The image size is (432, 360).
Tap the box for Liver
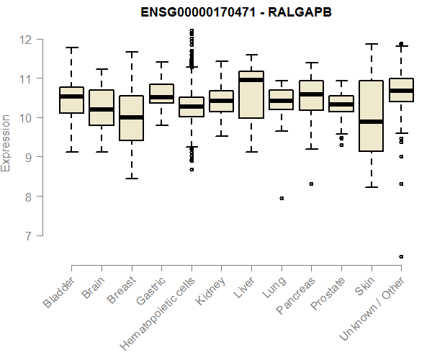pos(251,94)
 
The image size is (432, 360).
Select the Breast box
pos(131,117)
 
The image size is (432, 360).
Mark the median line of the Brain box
pos(102,109)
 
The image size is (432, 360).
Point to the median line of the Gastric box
pos(161,97)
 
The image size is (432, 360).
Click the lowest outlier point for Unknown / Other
pos(401,256)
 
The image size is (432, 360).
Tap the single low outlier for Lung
pos(282,198)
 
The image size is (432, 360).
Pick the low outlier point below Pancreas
pos(311,184)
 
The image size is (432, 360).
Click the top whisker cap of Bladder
pos(71,48)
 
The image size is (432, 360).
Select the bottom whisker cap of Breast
pos(131,178)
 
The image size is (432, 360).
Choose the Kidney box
pos(221,101)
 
